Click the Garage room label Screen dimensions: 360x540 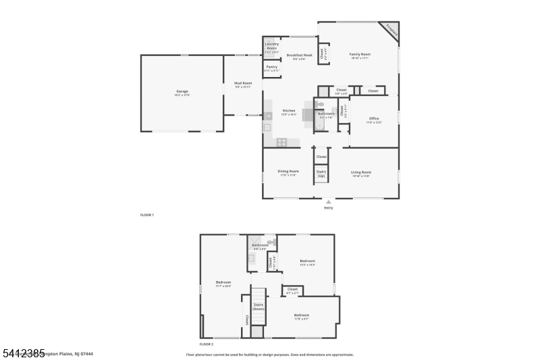[182, 92]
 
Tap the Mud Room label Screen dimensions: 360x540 [243, 84]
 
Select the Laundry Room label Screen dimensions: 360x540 [271, 46]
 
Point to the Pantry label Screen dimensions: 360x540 [271, 68]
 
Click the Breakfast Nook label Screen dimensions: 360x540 [299, 55]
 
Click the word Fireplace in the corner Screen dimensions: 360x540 [391, 29]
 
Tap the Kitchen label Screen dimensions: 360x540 [289, 111]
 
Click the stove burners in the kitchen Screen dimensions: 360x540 [281, 142]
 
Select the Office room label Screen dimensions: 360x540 [374, 119]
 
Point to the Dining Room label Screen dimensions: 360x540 [288, 172]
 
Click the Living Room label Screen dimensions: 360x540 [361, 172]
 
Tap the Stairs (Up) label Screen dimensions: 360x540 [321, 174]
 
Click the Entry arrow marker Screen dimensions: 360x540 [329, 201]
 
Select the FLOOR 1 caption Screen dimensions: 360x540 [147, 215]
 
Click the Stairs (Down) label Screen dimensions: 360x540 [259, 307]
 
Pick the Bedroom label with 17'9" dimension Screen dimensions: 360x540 [301, 316]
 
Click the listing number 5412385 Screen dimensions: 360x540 [23, 353]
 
